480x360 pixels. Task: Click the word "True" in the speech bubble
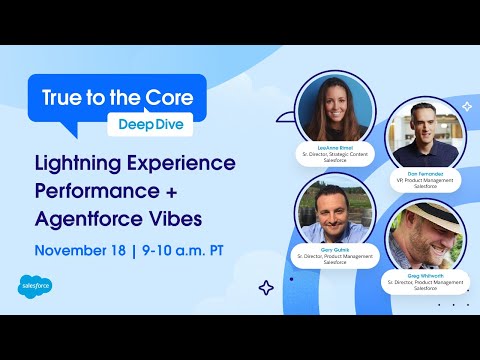[62, 97]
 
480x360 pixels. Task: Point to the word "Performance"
[101, 190]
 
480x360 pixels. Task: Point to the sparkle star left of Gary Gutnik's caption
[266, 287]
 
